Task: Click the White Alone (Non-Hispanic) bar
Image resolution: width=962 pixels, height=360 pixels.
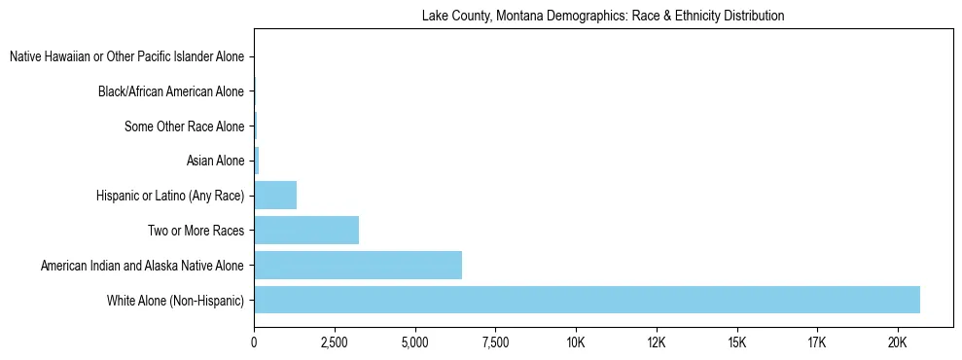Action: tap(587, 300)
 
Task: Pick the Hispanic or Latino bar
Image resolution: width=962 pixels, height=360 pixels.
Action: tap(275, 195)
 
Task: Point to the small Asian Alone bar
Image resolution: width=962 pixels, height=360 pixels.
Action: tap(256, 161)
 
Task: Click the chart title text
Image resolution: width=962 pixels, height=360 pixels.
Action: tap(603, 17)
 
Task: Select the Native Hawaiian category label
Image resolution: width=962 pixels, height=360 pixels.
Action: tap(127, 57)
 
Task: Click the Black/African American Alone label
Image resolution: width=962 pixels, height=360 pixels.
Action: tap(171, 92)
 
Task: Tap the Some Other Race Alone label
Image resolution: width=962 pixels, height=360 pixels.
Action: tap(185, 126)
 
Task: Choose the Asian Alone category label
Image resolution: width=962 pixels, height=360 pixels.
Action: tap(215, 161)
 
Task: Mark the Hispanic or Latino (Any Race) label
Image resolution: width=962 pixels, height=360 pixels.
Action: tap(170, 196)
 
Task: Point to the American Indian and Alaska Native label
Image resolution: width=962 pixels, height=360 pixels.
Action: tap(143, 265)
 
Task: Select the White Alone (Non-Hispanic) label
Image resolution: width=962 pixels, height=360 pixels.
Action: tap(176, 300)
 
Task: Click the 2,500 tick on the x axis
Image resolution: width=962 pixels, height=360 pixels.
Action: tap(335, 342)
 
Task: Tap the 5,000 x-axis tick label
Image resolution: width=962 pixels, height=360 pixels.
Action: tap(415, 342)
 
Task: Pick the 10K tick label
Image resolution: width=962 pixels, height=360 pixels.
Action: tap(576, 342)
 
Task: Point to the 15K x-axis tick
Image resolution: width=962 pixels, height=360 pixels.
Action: tap(736, 342)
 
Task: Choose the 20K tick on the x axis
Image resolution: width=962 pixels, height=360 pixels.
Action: tap(897, 342)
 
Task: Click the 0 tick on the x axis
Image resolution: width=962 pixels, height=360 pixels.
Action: tap(254, 342)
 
